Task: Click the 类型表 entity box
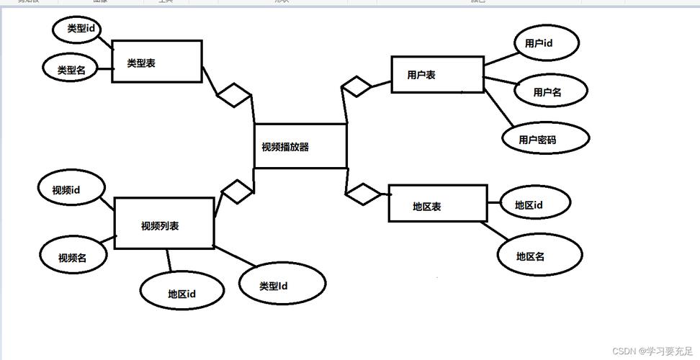(157, 62)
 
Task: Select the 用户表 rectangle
(437, 74)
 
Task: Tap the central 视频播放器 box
(300, 146)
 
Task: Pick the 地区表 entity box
(438, 204)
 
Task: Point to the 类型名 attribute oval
(72, 69)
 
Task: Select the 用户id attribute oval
(544, 43)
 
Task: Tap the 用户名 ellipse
(550, 91)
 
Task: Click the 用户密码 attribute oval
(546, 138)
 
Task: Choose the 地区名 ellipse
(539, 255)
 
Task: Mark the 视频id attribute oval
(70, 189)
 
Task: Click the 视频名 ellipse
(73, 256)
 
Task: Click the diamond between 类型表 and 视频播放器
(233, 95)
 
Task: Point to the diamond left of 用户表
(356, 86)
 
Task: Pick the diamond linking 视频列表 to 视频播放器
(237, 192)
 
